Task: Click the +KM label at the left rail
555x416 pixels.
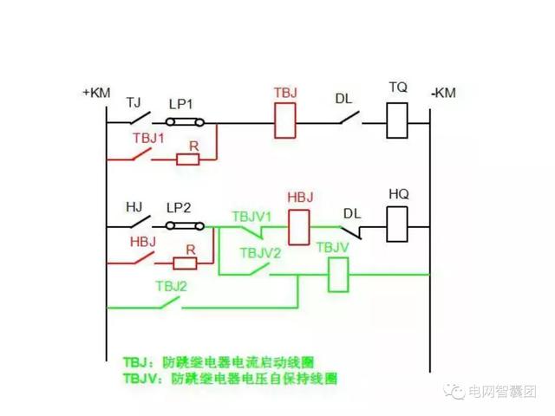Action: [x=96, y=92]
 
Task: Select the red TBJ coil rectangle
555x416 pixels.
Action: [x=285, y=120]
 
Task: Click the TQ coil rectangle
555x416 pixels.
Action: [x=397, y=120]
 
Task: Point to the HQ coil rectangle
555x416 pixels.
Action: [x=397, y=227]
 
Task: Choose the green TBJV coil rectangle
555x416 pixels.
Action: [x=337, y=275]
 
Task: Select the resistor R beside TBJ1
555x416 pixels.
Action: [x=187, y=159]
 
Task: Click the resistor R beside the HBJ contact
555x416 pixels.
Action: [x=185, y=261]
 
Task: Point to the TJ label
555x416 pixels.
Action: [x=134, y=101]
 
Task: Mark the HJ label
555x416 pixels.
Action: [x=134, y=207]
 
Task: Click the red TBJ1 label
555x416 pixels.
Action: [x=148, y=139]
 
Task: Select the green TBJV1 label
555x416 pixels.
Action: [x=252, y=214]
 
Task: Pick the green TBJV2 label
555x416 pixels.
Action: [x=260, y=253]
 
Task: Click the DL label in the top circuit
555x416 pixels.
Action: [x=344, y=98]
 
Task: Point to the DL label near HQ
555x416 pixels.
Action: [x=351, y=213]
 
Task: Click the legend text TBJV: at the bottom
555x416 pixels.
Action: [x=145, y=379]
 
